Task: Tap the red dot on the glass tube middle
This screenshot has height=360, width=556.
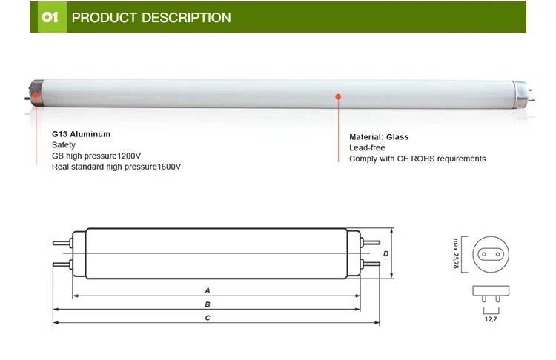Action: tap(337, 96)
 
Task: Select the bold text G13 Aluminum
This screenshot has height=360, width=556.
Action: tap(81, 134)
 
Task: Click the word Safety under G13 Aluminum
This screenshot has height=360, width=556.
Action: tap(64, 145)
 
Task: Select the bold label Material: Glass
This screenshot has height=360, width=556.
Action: tap(379, 137)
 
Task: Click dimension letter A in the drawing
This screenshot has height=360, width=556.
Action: tap(208, 290)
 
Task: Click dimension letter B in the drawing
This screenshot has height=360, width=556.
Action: tap(208, 304)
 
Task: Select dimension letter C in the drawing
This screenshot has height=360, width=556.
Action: tap(208, 318)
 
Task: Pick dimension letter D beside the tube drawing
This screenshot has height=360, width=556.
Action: tap(385, 253)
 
